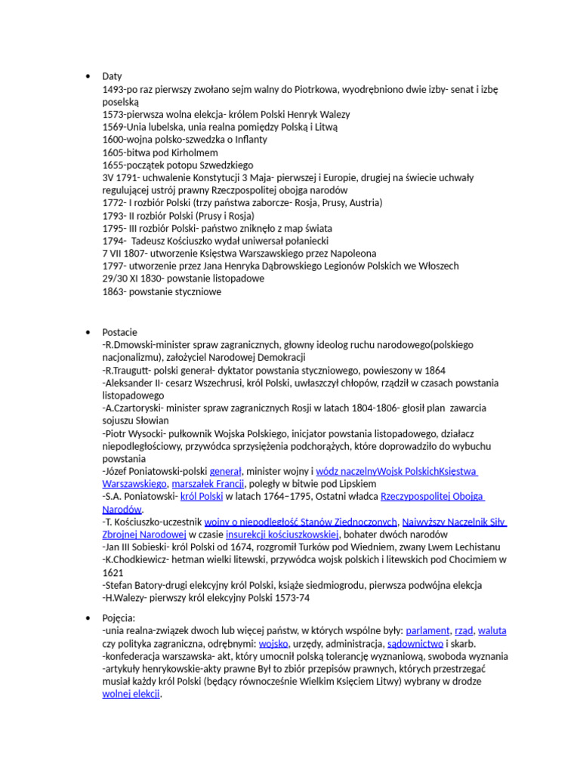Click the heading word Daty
pos(112,76)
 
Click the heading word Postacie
pos(119,332)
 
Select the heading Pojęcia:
pos(119,617)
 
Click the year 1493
pos(113,89)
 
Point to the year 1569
pos(113,127)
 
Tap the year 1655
pos(113,165)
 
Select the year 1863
pos(113,291)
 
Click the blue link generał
pos(225,471)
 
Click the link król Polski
pos(201,497)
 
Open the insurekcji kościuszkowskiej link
pos(283,534)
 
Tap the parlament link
pos(427,630)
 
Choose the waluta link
pos(492,630)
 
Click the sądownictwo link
pos(415,643)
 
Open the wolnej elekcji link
pos(131,694)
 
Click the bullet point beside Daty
pos(88,76)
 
